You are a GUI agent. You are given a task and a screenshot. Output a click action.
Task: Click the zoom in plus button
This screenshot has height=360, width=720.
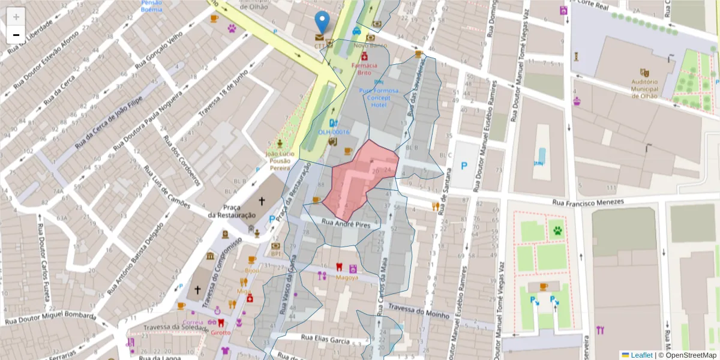16,17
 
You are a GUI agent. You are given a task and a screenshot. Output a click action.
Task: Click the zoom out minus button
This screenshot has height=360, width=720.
16,35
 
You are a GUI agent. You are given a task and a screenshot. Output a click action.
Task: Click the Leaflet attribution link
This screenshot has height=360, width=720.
641,355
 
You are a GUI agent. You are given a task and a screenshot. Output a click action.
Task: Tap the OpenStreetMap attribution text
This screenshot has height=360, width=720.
690,355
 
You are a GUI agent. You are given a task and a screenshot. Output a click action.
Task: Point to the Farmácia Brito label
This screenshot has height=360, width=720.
365,68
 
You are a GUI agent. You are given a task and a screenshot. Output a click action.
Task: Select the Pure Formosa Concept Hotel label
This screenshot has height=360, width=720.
379,97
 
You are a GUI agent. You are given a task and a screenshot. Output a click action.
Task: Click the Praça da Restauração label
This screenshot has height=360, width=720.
232,211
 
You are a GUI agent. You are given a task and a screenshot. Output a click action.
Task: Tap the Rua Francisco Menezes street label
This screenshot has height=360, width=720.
588,203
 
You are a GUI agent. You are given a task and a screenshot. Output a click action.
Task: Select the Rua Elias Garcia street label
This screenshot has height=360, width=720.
325,340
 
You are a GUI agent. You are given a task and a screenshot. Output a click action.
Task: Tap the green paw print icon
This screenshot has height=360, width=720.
558,230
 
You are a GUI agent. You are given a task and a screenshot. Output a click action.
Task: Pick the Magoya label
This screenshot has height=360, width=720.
347,278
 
